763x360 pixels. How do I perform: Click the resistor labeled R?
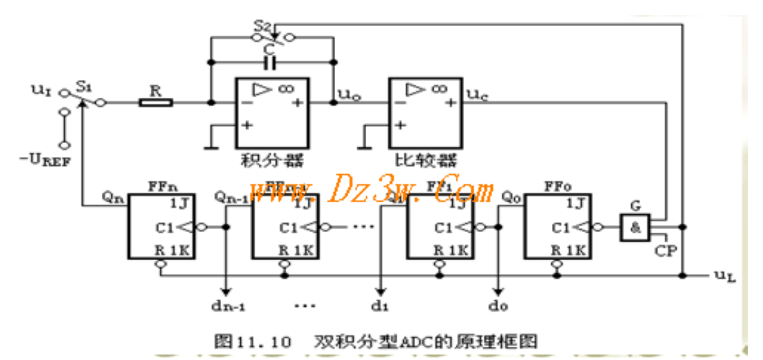point(155,102)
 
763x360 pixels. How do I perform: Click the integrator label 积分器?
point(273,158)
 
